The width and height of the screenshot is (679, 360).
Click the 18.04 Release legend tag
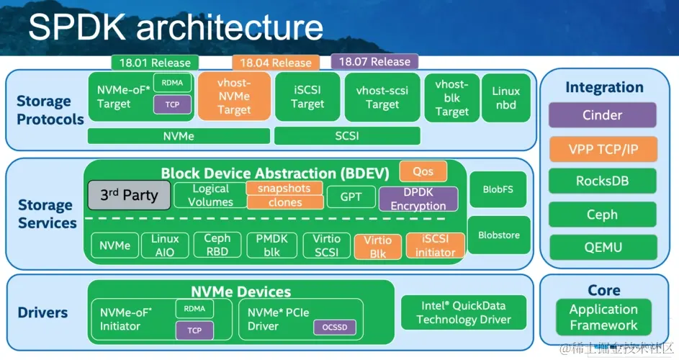[x=276, y=63]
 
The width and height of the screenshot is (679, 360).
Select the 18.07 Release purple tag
[x=374, y=61]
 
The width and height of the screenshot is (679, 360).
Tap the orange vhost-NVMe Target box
[x=234, y=96]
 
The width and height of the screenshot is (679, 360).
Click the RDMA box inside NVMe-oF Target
[x=172, y=83]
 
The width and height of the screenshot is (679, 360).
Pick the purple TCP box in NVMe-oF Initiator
[x=194, y=330]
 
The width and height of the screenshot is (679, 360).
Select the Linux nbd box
[x=505, y=98]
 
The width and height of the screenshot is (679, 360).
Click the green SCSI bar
[x=347, y=136]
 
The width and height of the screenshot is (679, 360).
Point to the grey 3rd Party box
[x=129, y=195]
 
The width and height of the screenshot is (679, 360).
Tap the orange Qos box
[x=423, y=171]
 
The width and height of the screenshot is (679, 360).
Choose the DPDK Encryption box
[x=418, y=199]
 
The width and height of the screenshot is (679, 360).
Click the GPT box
[x=351, y=197]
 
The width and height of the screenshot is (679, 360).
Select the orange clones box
[x=285, y=202]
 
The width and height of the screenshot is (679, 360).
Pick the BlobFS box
[x=498, y=189]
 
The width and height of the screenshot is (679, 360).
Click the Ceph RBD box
[x=217, y=246]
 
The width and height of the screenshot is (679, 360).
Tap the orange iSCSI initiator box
[x=435, y=246]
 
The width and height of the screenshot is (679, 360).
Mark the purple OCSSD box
[x=335, y=328]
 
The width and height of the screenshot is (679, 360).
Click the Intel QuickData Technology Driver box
[x=464, y=312]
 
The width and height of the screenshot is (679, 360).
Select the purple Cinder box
[x=603, y=115]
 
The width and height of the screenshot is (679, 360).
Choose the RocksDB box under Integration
[x=603, y=181]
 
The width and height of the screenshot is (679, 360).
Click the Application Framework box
[x=603, y=317]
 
